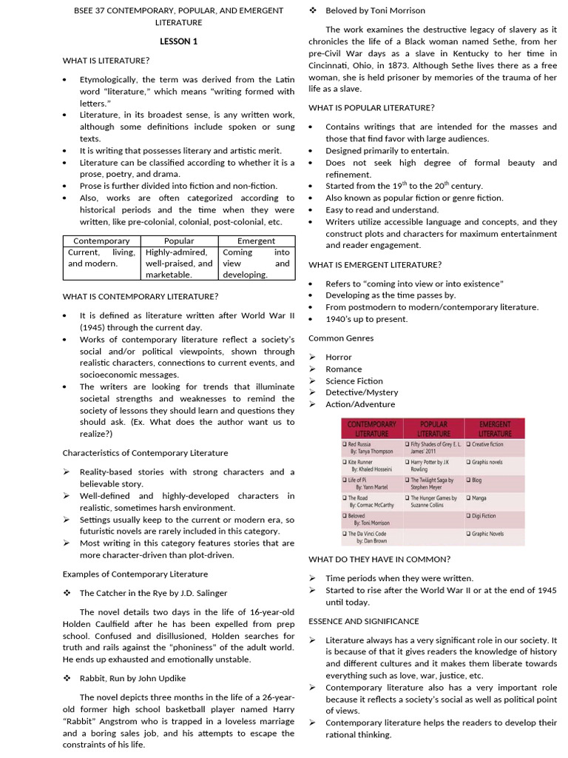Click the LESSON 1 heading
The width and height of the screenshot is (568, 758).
point(179,41)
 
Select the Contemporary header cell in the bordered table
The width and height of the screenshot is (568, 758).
point(102,241)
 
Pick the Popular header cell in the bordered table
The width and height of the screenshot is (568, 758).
point(180,241)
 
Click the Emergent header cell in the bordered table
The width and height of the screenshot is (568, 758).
point(256,241)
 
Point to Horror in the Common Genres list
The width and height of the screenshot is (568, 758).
point(339,357)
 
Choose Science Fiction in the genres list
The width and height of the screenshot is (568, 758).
point(354,380)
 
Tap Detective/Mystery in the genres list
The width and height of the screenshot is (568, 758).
point(362,392)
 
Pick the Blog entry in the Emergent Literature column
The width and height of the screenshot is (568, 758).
point(477,480)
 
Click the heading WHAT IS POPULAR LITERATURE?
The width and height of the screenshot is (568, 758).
point(371,107)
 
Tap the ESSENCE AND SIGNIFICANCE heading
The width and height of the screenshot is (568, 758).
point(364,621)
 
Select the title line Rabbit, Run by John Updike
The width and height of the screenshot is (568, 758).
point(132,678)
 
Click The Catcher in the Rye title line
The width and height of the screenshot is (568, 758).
point(153,593)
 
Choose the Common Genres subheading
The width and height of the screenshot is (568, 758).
point(341,338)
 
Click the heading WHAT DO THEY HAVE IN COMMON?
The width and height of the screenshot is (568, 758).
point(379,559)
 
